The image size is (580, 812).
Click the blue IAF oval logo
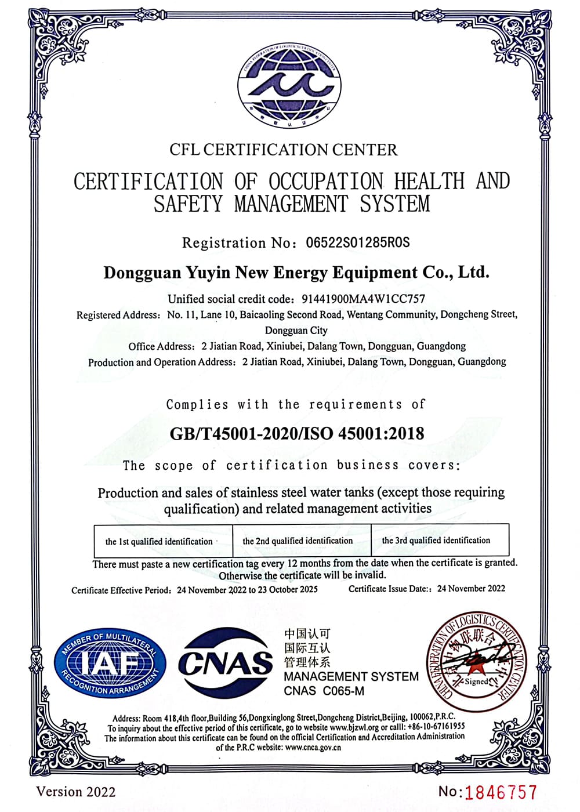[x=110, y=663]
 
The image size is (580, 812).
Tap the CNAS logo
[x=225, y=662]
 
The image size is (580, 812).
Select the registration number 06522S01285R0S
[x=358, y=242]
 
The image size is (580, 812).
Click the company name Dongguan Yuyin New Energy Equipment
[x=296, y=273]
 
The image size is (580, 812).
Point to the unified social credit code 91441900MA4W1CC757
[x=364, y=299]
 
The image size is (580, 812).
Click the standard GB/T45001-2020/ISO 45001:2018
[x=296, y=433]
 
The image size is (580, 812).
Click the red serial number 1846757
[x=501, y=792]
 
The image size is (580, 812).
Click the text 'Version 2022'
[x=76, y=792]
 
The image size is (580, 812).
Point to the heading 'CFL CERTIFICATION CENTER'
[x=284, y=150]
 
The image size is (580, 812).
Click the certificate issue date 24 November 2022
[x=471, y=588]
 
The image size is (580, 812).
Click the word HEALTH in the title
[x=430, y=181]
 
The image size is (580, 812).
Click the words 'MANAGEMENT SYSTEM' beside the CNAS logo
[x=351, y=676]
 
